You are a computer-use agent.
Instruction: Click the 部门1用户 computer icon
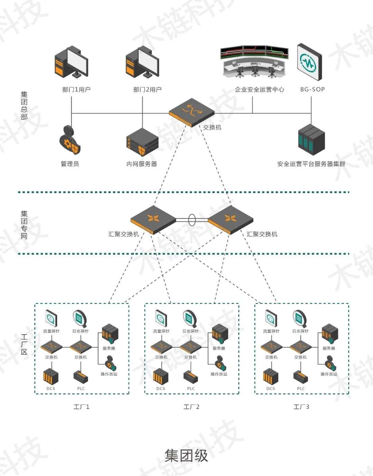click(x=71, y=62)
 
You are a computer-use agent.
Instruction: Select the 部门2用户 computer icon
click(x=142, y=62)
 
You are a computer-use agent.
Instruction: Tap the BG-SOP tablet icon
click(x=309, y=62)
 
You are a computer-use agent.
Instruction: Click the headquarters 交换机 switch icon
click(x=192, y=112)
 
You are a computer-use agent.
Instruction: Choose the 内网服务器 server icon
click(x=142, y=142)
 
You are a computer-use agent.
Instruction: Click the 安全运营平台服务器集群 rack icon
click(x=312, y=140)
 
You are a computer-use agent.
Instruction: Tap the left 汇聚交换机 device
click(x=153, y=220)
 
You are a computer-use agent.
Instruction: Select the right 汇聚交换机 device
click(x=231, y=220)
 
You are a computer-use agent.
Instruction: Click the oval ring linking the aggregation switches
click(x=192, y=220)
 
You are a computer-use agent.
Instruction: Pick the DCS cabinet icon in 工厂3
click(x=271, y=376)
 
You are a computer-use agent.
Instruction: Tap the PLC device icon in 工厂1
click(x=81, y=377)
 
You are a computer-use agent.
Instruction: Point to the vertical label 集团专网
click(x=24, y=225)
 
